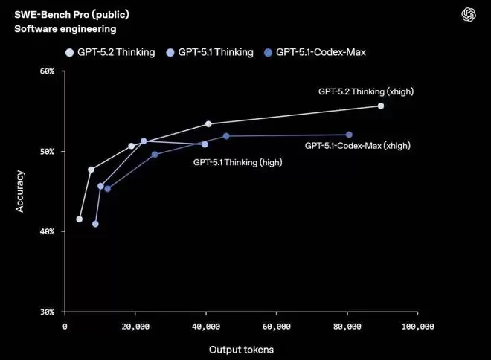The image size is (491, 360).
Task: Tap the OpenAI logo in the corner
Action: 469,15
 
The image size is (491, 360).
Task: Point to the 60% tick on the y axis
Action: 47,71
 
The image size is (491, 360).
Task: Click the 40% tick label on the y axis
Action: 47,232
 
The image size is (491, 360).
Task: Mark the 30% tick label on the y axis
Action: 47,312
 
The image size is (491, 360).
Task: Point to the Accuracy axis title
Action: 21,191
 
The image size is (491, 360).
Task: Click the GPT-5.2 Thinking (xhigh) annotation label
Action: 366,91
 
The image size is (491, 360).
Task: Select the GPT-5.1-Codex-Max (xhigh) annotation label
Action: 358,147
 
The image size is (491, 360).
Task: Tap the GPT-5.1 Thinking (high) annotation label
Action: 237,162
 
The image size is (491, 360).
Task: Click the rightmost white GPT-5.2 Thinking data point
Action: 381,106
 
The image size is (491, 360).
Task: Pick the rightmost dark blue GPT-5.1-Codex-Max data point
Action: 349,135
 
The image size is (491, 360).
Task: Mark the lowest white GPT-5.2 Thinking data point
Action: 80,219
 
